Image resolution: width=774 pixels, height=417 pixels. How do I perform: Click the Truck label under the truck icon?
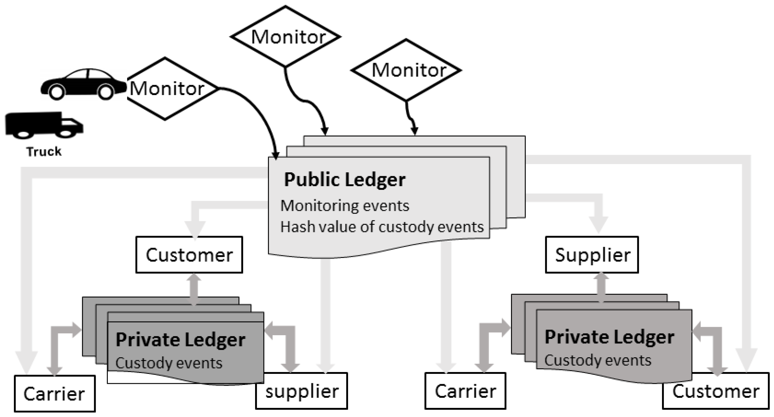tap(44, 151)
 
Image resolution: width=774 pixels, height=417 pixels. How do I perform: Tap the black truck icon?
tap(44, 126)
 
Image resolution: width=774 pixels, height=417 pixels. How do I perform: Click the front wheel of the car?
tap(105, 92)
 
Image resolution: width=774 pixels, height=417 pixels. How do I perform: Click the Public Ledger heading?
tap(344, 180)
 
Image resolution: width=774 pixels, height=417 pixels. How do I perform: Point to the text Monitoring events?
tap(345, 206)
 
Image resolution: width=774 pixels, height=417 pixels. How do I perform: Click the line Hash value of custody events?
tap(382, 227)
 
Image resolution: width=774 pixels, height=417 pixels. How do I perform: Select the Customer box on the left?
tap(189, 255)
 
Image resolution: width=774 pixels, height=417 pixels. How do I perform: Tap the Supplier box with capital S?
tap(592, 255)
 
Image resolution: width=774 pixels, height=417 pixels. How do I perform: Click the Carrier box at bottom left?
tap(55, 394)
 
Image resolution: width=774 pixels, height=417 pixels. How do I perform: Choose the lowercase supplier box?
tap(302, 391)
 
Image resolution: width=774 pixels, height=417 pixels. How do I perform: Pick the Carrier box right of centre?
tap(465, 391)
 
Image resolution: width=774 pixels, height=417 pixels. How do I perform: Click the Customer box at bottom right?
tap(715, 391)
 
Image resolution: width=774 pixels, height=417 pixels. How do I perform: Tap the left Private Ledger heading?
tap(180, 340)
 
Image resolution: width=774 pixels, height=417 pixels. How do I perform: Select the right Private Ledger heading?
tap(609, 337)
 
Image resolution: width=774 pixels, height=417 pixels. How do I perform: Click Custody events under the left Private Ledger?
tap(169, 363)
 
